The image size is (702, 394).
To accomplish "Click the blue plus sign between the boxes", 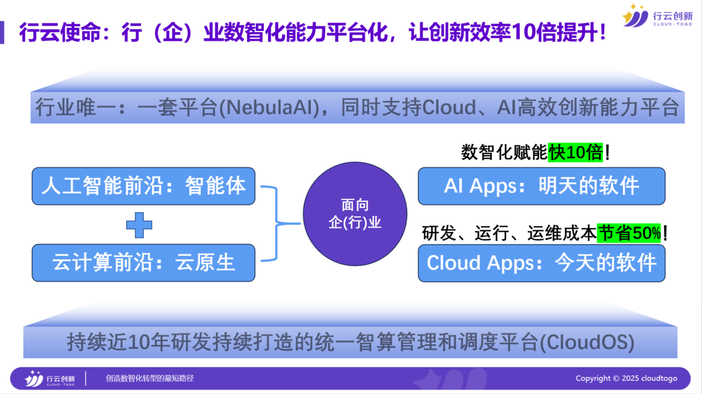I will coord(139,225).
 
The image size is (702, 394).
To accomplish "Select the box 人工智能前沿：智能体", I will coord(143,186).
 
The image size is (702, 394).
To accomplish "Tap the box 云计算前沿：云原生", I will coord(143,263).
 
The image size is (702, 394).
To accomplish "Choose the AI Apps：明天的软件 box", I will coord(541,186).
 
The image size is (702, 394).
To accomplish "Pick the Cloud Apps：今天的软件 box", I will coord(541,263).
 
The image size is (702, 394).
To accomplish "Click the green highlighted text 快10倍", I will coord(575,153).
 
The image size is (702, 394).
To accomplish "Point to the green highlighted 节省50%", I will coord(629,233).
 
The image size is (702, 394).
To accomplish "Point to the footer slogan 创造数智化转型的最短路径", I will coord(150,379).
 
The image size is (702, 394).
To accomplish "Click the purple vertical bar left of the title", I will coord(2,33).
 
